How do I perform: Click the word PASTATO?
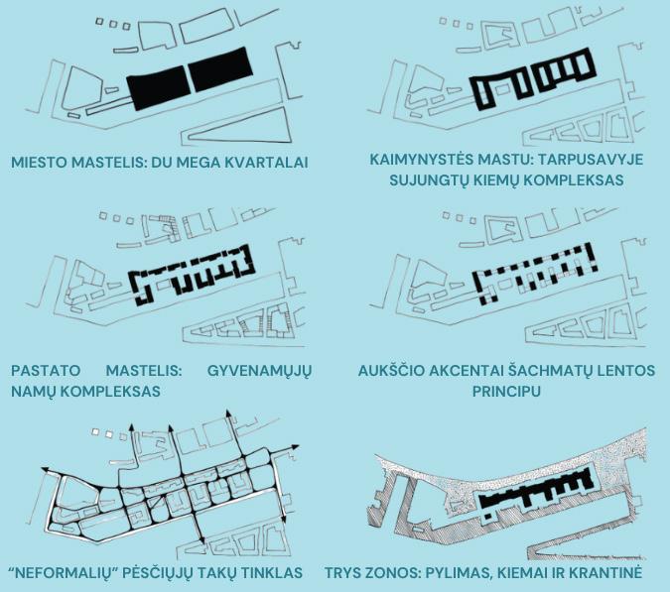tap(46, 370)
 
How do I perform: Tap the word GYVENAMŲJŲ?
tap(259, 371)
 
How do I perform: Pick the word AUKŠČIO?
tap(390, 371)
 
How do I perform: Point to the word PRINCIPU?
tap(506, 392)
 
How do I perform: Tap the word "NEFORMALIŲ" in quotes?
tap(64, 573)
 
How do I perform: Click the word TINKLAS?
tap(271, 573)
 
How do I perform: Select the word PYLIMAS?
tap(455, 573)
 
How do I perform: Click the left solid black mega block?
tap(159, 87)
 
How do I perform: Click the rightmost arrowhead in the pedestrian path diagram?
tap(294, 447)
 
